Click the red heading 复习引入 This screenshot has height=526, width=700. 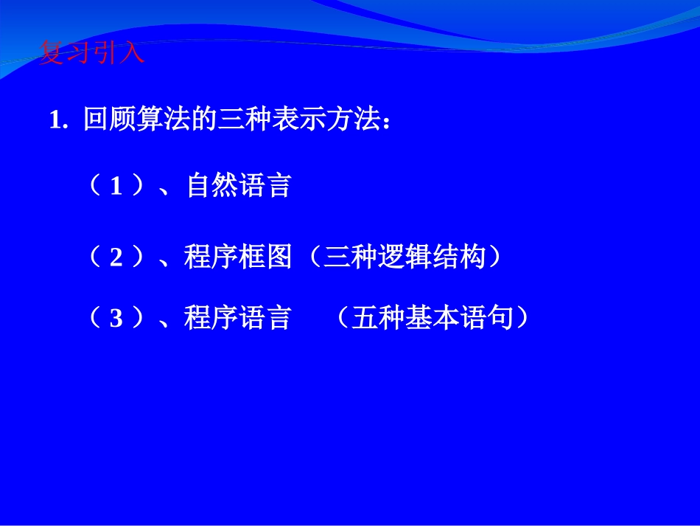(x=91, y=54)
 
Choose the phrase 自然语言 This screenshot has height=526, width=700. (x=239, y=186)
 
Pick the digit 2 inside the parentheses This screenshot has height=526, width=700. (x=116, y=257)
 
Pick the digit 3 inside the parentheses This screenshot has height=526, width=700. (x=116, y=319)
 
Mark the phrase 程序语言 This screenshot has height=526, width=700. (x=239, y=319)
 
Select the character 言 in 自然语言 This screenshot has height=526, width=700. (x=279, y=186)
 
